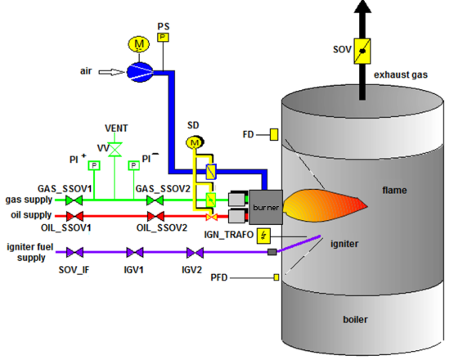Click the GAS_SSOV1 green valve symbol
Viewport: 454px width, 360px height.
(x=74, y=200)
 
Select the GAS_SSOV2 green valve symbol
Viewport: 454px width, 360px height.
(x=155, y=200)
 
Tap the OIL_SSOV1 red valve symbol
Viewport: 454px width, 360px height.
(x=74, y=216)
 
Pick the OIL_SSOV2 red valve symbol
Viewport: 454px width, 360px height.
(x=155, y=216)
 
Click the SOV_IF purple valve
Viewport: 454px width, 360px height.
(x=74, y=252)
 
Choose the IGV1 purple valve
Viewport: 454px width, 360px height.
(x=135, y=252)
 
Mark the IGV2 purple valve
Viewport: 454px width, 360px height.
(x=196, y=252)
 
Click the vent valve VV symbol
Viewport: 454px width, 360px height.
(x=115, y=150)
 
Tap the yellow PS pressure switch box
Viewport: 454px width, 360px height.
(x=163, y=38)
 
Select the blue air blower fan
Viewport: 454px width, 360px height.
(x=140, y=72)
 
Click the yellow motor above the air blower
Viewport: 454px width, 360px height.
(x=139, y=44)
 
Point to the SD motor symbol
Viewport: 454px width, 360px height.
(x=195, y=142)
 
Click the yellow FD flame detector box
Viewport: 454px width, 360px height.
(x=274, y=135)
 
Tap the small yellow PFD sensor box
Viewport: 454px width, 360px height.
(x=276, y=277)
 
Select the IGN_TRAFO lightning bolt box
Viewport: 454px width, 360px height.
(x=263, y=236)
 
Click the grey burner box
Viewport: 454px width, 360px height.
(x=266, y=207)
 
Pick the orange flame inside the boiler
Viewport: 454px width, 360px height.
(x=325, y=205)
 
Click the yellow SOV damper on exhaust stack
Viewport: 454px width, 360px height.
(x=362, y=52)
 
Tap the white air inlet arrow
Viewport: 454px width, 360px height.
(x=112, y=72)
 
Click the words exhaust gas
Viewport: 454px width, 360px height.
(x=401, y=74)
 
